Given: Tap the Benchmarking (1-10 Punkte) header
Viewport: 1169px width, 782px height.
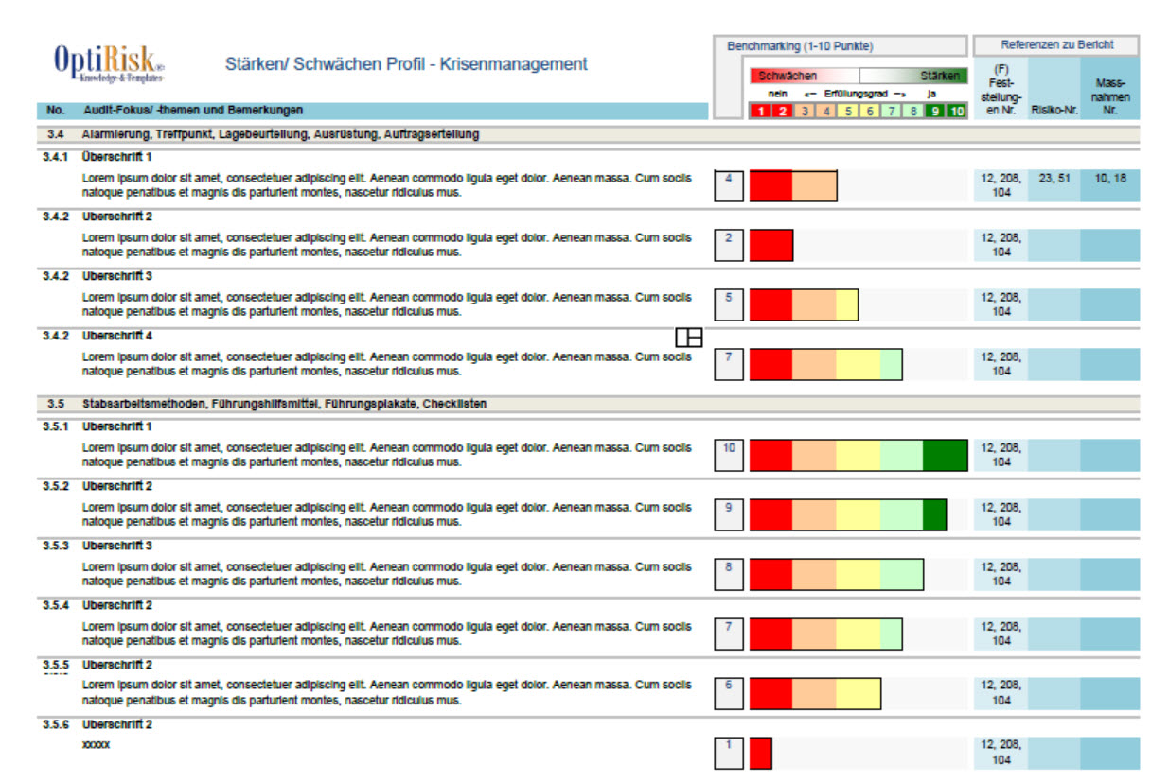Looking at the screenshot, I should coord(800,45).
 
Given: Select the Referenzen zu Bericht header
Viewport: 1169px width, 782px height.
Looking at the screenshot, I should coord(1056,44).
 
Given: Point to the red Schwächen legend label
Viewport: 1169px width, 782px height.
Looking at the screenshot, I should coord(788,76).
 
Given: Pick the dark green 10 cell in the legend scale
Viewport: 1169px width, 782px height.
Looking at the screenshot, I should coord(957,112).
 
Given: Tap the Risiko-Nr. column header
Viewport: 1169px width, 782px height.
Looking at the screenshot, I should coord(1054,110).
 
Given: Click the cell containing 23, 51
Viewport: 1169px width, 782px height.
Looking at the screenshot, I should coord(1054,178).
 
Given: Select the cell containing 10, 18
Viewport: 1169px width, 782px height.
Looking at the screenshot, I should coord(1109,178).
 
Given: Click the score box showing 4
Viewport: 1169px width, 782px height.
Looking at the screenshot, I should coord(728,186).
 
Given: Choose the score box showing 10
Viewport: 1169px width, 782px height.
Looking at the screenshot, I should coord(729,456).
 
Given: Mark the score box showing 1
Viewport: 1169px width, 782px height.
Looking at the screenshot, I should coord(728,753).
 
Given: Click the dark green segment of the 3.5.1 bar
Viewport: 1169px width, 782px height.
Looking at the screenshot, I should coord(945,456).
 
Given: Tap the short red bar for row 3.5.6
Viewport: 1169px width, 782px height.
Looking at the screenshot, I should coord(761,753).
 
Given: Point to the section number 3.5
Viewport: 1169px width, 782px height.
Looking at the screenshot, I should coord(56,404).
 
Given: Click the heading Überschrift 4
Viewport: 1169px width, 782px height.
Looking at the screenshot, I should coord(117,336).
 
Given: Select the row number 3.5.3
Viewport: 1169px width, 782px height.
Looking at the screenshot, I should coord(56,546).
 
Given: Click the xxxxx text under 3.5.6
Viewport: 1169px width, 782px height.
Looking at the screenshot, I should coord(97,745).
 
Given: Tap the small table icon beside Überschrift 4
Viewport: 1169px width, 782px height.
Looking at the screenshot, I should coord(689,337).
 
